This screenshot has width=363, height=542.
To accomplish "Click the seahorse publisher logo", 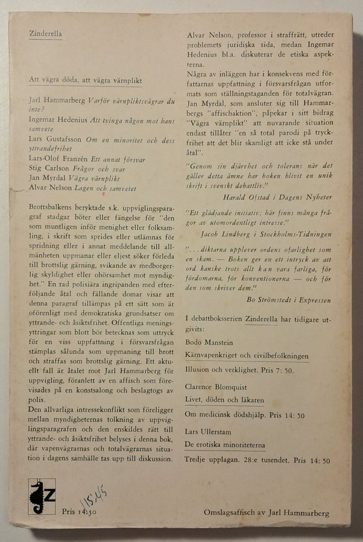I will [41, 496].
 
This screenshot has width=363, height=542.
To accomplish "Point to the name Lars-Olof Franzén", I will [55, 160].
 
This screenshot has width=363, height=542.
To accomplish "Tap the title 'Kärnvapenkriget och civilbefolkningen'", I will [247, 356].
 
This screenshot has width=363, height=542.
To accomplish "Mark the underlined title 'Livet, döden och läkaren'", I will [224, 399].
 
